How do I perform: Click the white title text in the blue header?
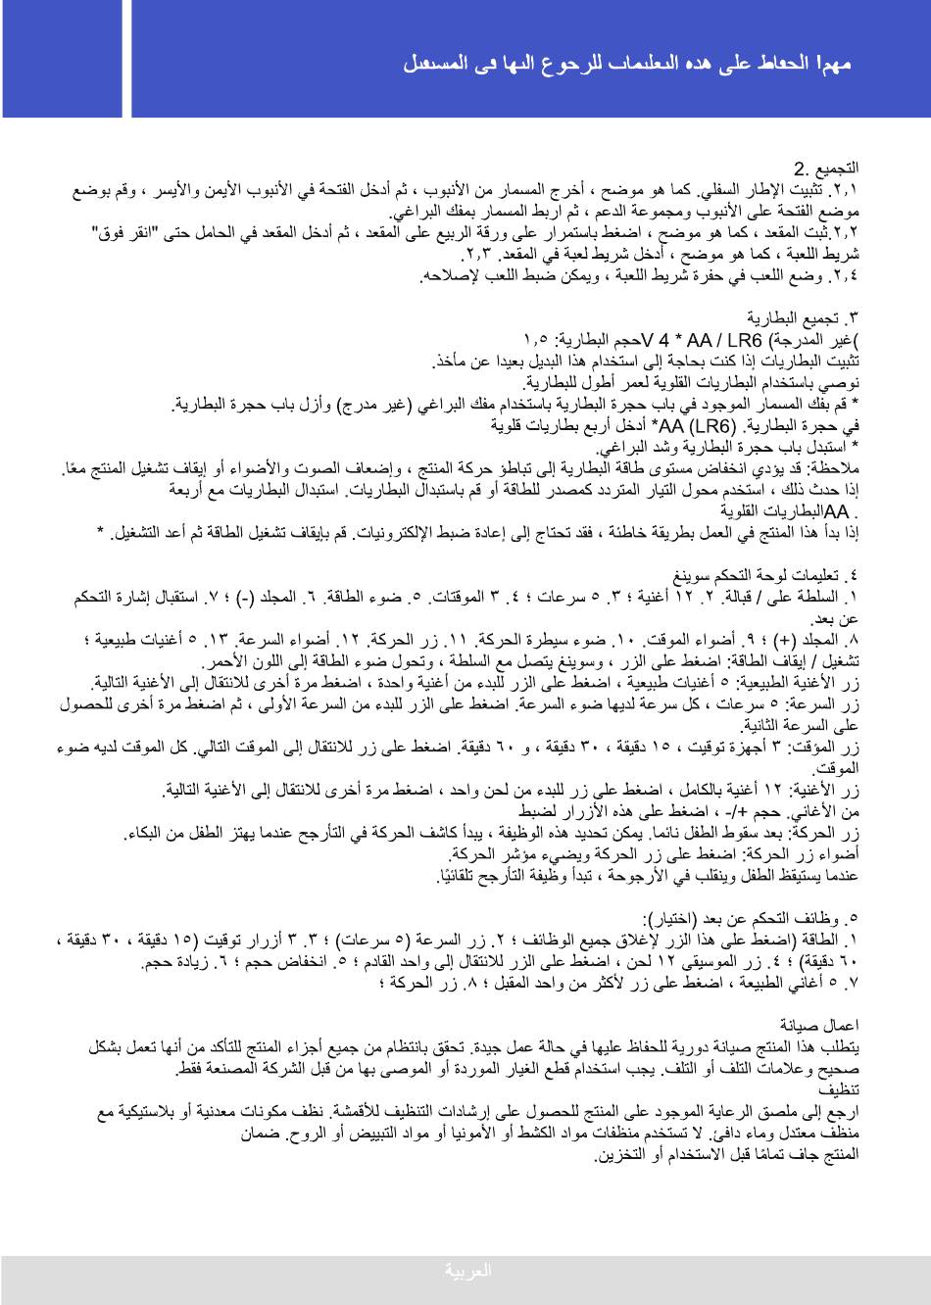click(627, 65)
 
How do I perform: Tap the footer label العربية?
click(467, 1272)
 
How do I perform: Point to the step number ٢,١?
click(845, 190)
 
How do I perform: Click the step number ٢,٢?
click(845, 233)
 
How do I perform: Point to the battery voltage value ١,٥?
click(537, 340)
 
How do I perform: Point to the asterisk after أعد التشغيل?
click(100, 532)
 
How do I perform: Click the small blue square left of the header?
click(63, 59)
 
